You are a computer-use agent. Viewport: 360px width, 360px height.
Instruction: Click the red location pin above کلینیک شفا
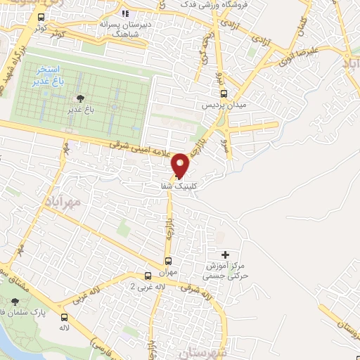point(181,165)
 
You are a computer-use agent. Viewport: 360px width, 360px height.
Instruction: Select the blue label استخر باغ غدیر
point(49,77)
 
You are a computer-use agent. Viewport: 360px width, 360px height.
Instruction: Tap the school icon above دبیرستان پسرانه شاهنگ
point(125,13)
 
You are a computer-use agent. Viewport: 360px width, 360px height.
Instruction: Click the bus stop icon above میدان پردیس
point(224,94)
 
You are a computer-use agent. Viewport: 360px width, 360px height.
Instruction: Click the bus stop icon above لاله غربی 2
point(148,276)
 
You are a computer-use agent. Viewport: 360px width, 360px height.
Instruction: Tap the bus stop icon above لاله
point(65,318)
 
